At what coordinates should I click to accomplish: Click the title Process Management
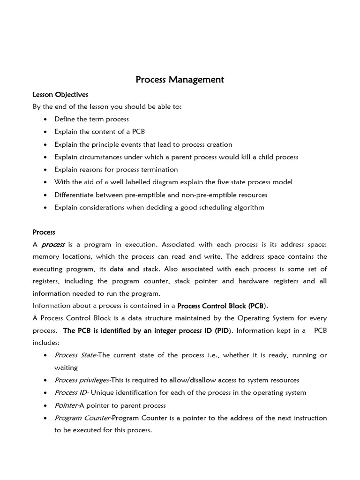[180, 80]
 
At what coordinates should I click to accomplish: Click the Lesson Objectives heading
[60, 94]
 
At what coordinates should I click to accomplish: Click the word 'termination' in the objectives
[160, 169]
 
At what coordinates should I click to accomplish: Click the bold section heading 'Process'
[44, 232]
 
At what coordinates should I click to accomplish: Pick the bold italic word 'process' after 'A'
[53, 245]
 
